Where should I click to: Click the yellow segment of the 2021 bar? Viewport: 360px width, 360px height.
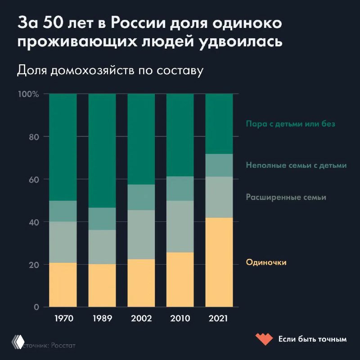[x=219, y=262]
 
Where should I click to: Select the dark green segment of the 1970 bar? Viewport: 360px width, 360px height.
[x=63, y=147]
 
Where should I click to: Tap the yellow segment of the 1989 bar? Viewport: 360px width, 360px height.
[x=102, y=285]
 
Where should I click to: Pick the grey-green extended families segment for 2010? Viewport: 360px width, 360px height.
[x=180, y=226]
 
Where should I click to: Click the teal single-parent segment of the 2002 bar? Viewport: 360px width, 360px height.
[x=141, y=197]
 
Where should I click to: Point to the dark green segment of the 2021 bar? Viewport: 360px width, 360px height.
[x=219, y=123]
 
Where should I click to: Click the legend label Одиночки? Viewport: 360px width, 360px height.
[x=266, y=262]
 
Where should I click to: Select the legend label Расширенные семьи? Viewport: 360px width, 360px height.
[x=286, y=197]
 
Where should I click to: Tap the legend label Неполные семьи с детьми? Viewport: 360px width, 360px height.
[x=296, y=165]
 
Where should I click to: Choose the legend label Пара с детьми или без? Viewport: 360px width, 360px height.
[x=290, y=124]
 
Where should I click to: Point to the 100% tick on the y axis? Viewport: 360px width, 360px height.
[x=29, y=94]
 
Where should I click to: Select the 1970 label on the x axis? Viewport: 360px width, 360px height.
[x=63, y=319]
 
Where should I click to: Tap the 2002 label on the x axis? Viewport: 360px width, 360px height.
[x=141, y=319]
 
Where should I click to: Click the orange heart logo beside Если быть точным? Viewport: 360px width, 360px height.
[x=263, y=338]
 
